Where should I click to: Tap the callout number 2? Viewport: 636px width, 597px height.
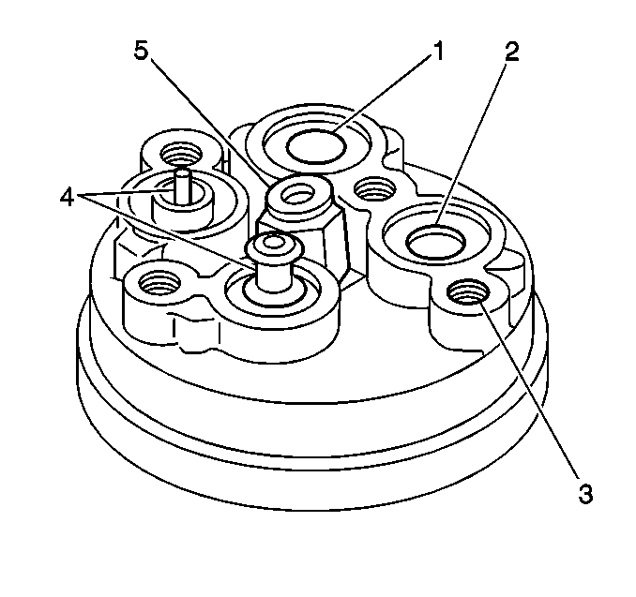tap(511, 52)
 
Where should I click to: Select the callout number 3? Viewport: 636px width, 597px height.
tap(585, 494)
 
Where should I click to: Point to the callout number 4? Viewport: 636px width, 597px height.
tap(67, 198)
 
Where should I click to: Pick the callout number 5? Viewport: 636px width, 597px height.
tap(142, 52)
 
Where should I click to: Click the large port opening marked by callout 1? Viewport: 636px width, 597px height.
tap(316, 147)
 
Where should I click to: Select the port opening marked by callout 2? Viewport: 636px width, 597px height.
tap(435, 243)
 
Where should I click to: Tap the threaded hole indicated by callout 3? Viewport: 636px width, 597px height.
tap(468, 291)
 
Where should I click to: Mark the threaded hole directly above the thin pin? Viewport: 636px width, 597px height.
tap(181, 155)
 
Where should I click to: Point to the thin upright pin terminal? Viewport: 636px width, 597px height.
tap(182, 186)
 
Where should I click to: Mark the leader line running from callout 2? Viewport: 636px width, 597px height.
tap(471, 144)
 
